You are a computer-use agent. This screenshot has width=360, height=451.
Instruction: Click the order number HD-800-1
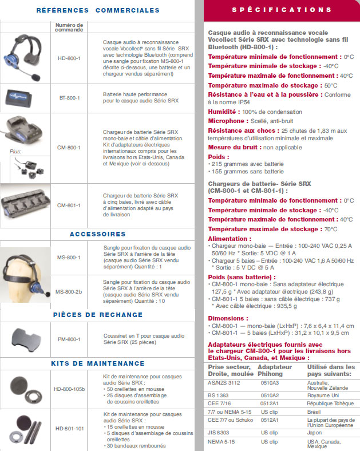point(69,58)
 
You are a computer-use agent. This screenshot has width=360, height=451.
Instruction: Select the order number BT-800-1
point(69,98)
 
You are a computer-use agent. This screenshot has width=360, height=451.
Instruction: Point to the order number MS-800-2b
point(69,292)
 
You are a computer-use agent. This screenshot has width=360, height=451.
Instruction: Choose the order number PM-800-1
point(69,339)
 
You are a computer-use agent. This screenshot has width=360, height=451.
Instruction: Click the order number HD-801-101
point(69,428)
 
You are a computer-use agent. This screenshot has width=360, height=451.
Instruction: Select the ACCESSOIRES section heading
point(97,234)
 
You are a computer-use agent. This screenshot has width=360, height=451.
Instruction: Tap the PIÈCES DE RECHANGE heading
point(97,314)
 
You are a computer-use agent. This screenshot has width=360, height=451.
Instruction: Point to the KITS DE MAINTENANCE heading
point(97,363)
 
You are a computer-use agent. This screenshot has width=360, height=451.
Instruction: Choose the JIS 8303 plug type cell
point(220,433)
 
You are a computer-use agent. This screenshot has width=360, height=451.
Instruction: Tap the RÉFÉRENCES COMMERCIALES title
point(97,10)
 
